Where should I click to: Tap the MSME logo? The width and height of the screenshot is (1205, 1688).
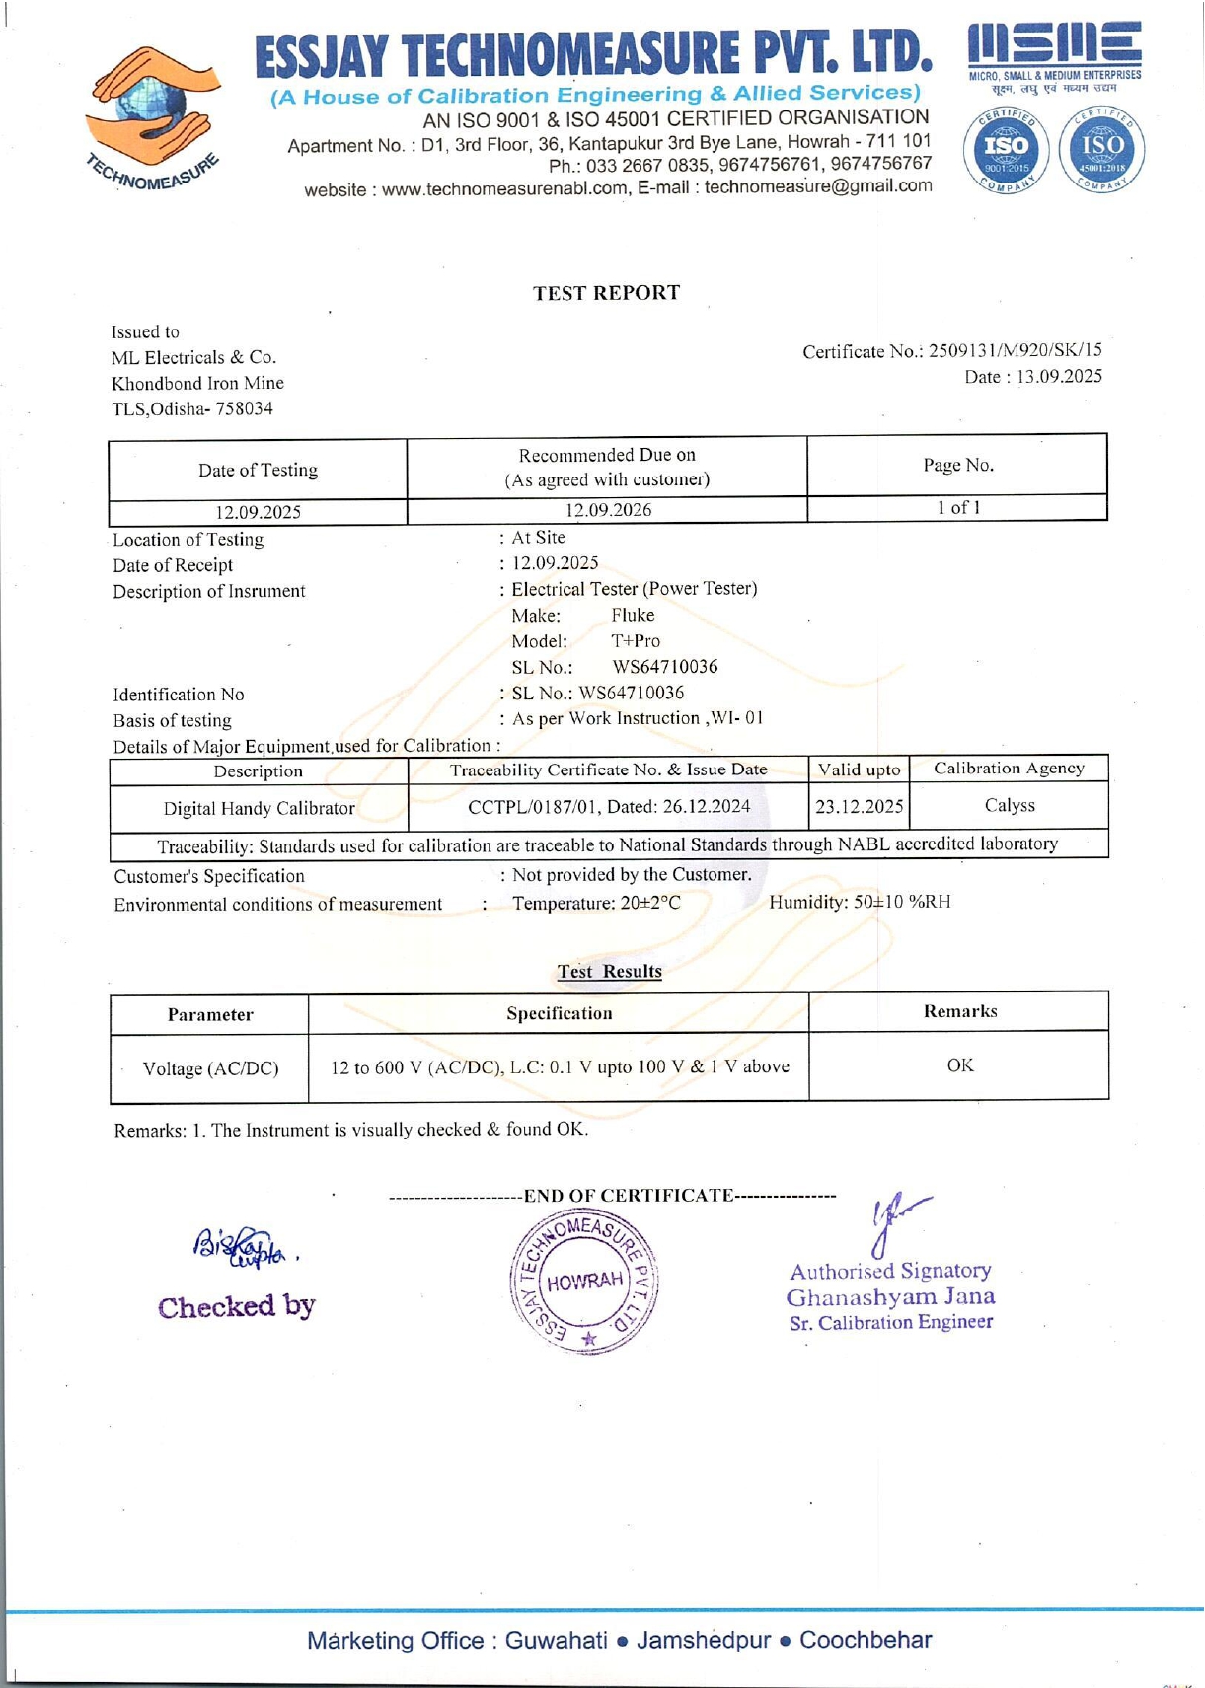[x=1054, y=54]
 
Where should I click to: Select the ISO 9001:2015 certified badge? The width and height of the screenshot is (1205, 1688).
[x=1007, y=150]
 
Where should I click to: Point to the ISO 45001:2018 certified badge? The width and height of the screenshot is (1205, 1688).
[x=1101, y=150]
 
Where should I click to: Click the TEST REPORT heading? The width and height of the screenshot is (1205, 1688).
[x=606, y=293]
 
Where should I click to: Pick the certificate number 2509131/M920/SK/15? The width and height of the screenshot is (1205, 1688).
[x=1015, y=350]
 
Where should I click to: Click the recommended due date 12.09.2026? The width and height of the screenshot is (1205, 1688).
[x=608, y=510]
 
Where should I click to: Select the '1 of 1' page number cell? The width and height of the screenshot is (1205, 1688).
[x=957, y=508]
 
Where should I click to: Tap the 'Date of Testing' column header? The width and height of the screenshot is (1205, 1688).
[x=258, y=470]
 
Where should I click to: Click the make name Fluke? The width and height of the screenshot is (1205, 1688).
[x=633, y=615]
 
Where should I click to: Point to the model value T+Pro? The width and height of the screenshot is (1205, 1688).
[x=636, y=640]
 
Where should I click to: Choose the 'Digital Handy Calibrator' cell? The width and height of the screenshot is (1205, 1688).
[x=259, y=808]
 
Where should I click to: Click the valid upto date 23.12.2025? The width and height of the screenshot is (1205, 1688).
[x=859, y=806]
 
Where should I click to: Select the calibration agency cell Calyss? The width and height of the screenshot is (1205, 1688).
[x=1010, y=805]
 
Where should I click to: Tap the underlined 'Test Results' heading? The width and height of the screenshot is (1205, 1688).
[x=609, y=971]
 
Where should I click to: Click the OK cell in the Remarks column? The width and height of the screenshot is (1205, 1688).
[x=959, y=1065]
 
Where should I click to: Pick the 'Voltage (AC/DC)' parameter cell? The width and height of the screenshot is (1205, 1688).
[x=210, y=1068]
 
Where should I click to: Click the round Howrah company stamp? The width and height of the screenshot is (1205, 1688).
[x=584, y=1282]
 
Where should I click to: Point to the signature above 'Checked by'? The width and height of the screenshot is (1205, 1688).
[x=241, y=1247]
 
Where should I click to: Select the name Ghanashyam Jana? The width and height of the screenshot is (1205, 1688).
[x=890, y=1296]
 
